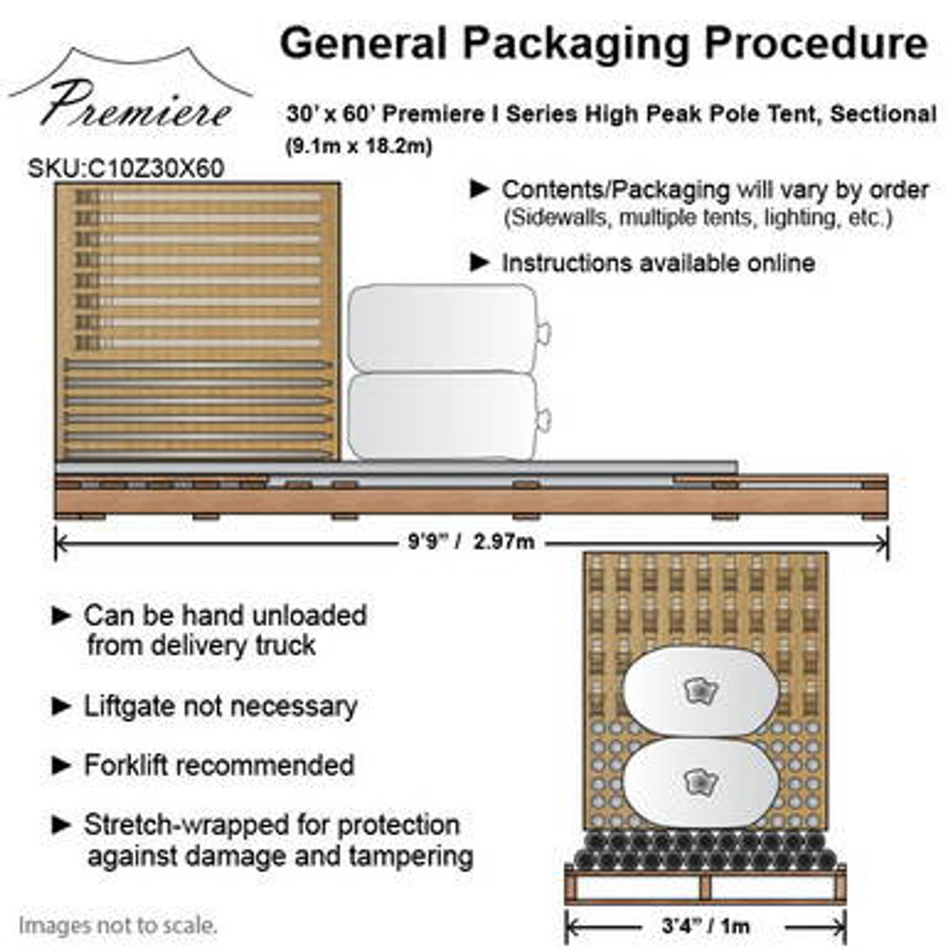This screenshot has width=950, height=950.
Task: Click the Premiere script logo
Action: (134, 104)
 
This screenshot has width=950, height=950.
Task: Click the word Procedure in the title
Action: (816, 43)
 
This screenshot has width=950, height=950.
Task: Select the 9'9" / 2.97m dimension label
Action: (471, 542)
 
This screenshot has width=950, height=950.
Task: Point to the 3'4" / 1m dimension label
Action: (705, 926)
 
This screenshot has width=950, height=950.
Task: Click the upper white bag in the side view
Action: (443, 329)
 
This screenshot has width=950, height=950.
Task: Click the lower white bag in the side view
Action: (443, 416)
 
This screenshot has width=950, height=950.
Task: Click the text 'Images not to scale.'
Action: (118, 926)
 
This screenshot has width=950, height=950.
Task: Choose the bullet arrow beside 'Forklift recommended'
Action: (62, 765)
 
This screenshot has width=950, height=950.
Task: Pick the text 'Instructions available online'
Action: (658, 263)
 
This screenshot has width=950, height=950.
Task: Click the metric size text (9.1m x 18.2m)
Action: (359, 146)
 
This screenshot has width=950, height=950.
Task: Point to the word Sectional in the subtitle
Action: (883, 114)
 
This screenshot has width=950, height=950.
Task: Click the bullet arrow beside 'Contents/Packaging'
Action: (480, 189)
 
